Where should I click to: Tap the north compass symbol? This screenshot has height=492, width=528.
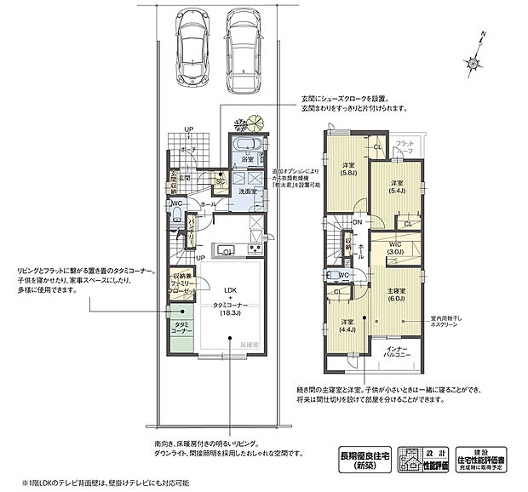click(473, 59)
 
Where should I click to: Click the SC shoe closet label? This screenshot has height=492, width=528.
click(219, 180)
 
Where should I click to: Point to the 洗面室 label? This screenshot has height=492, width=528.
click(248, 192)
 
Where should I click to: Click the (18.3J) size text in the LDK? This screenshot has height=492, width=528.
click(229, 313)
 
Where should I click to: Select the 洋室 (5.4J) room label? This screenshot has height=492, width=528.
click(397, 188)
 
